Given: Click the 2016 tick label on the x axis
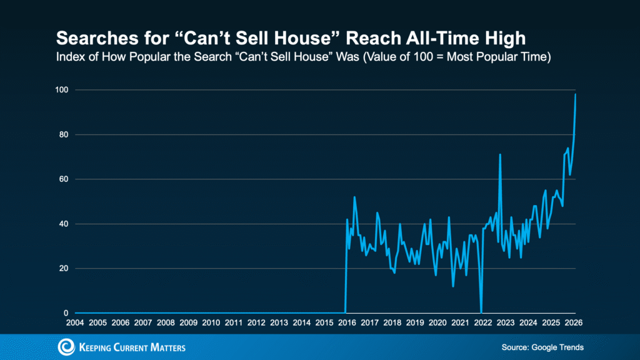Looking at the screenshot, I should [x=346, y=322].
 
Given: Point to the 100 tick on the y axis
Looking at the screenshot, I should [x=62, y=90].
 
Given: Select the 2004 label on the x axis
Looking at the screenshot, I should [x=75, y=322].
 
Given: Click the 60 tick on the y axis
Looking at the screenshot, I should [x=64, y=179].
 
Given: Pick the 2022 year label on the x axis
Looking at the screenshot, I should [x=482, y=322].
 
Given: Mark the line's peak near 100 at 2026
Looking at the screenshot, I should [x=575, y=94].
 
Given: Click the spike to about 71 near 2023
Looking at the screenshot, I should [x=500, y=154].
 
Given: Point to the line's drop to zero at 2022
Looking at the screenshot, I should [x=481, y=312].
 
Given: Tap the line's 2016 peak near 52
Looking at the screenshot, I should [x=354, y=197].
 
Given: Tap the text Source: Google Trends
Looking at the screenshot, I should [x=542, y=347].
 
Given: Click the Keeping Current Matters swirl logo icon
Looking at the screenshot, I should [x=66, y=347].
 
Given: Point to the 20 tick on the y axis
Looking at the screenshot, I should [x=64, y=269].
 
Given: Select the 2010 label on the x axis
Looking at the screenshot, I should [x=211, y=322].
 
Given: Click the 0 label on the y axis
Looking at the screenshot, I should [x=67, y=313].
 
